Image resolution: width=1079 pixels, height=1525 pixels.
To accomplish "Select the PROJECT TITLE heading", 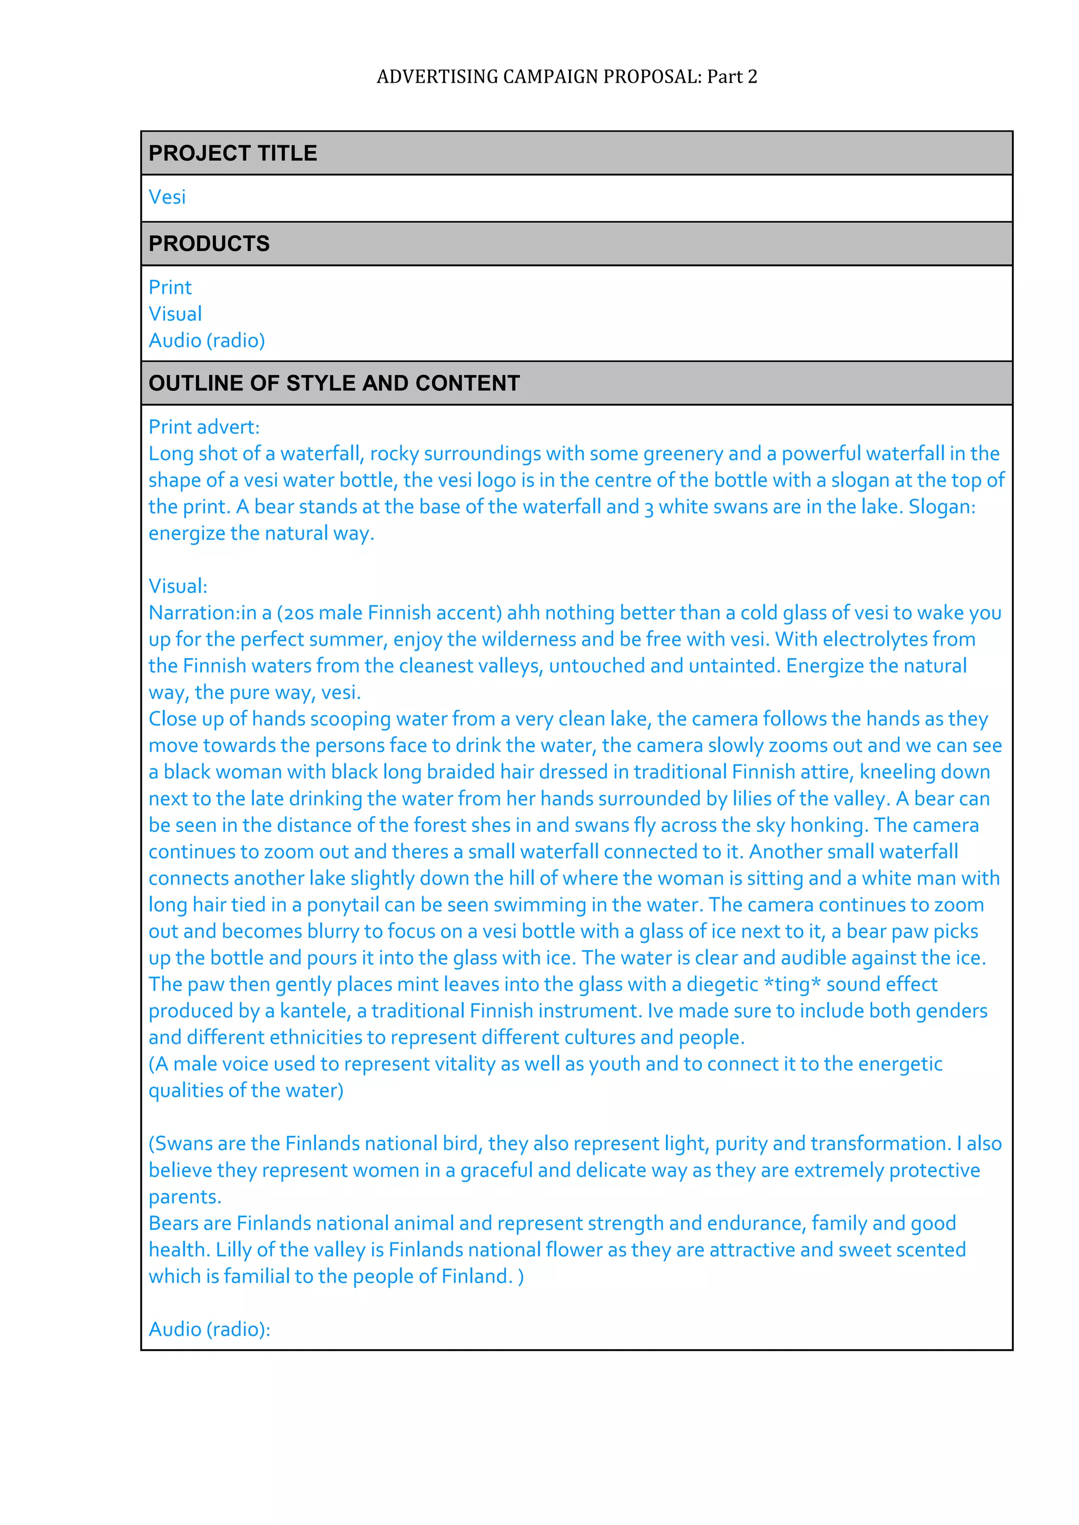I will [x=232, y=153].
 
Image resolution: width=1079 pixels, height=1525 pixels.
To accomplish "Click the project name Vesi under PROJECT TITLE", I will [x=167, y=197].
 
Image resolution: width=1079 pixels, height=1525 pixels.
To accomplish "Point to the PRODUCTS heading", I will [x=209, y=244].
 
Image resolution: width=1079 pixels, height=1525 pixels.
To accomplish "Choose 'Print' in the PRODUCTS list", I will [x=170, y=288].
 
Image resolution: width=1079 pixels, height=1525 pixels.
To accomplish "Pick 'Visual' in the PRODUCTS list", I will [x=175, y=314].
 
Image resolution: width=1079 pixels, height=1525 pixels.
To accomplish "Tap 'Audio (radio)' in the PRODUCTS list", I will [x=207, y=341].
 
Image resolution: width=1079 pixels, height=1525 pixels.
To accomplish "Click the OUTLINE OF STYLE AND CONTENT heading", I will [x=333, y=383].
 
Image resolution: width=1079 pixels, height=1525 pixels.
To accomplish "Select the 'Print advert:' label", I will [x=204, y=427].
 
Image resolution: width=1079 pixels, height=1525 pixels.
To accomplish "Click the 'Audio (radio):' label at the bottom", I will [x=209, y=1329].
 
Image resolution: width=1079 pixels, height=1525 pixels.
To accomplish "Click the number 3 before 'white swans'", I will [x=649, y=508].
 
